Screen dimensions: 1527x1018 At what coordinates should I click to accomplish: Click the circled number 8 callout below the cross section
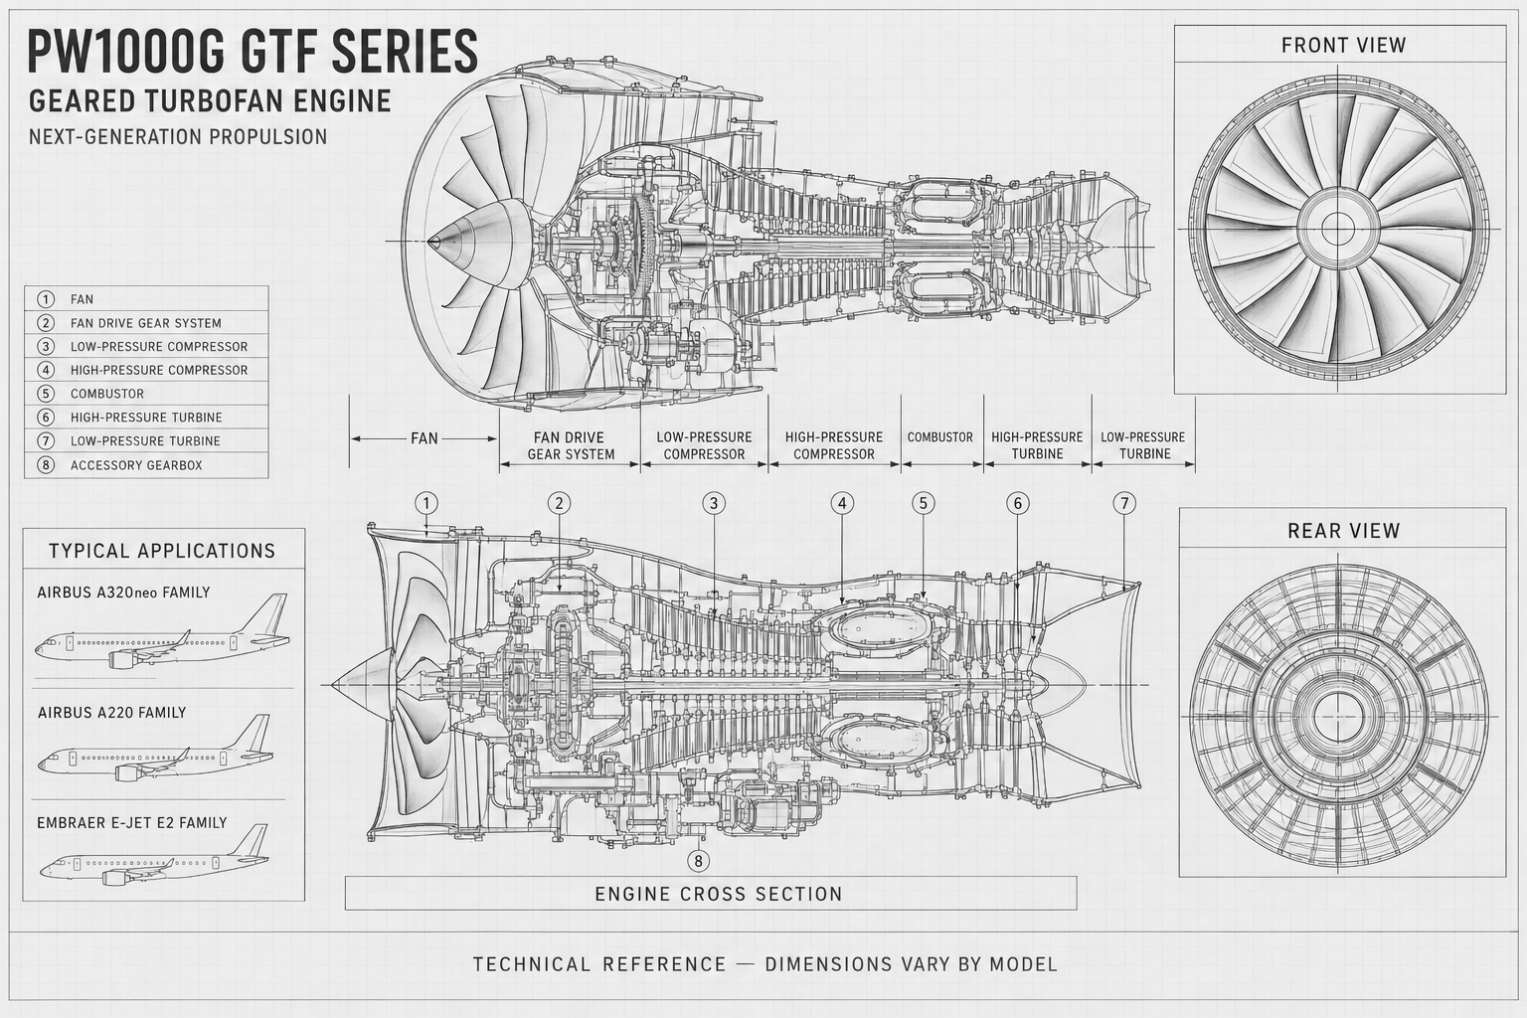coord(697,861)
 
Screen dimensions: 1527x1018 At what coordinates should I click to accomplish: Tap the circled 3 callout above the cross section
coord(714,503)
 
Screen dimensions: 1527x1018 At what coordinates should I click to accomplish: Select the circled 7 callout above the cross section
coord(1124,503)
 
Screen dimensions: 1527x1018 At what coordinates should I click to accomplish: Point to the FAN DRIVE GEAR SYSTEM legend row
coord(146,323)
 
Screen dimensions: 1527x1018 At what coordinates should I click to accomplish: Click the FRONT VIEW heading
coord(1343,46)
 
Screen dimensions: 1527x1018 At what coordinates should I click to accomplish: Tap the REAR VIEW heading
coord(1343,531)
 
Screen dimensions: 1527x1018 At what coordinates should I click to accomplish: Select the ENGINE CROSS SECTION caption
coord(719,894)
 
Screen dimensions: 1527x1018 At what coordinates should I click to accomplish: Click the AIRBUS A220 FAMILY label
coord(111,713)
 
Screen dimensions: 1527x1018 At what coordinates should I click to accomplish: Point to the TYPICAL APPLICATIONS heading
coord(162,551)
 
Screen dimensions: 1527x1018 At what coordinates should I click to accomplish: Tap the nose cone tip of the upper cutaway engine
coord(429,241)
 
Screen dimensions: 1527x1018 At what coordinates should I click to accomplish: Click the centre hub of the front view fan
coord(1337,229)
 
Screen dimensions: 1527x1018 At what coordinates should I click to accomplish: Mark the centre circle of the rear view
coord(1338,718)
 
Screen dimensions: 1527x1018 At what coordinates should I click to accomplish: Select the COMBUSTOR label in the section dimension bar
coord(940,437)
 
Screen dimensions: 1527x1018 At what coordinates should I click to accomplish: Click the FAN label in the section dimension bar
coord(424,438)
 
